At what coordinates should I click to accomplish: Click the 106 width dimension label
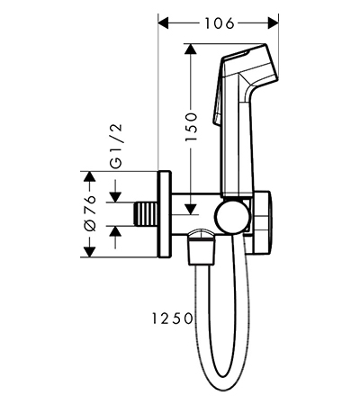pyautogui.click(x=219, y=23)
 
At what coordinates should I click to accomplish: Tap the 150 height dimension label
pyautogui.click(x=192, y=127)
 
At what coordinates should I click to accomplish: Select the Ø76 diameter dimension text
pyautogui.click(x=90, y=213)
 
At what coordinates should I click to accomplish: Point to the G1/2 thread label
pyautogui.click(x=116, y=145)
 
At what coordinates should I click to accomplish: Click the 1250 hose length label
pyautogui.click(x=172, y=318)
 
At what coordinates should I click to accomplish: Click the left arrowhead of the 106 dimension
pyautogui.click(x=164, y=23)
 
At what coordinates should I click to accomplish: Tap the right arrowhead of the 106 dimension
pyautogui.click(x=273, y=23)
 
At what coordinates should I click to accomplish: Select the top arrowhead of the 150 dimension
pyautogui.click(x=190, y=49)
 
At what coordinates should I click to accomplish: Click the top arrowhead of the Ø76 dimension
pyautogui.click(x=89, y=176)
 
